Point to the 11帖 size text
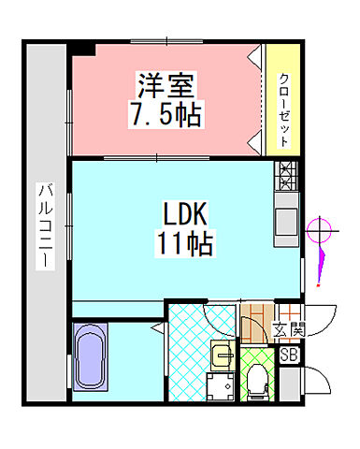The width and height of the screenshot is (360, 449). tap(185, 245)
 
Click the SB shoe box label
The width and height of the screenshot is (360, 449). tap(289, 355)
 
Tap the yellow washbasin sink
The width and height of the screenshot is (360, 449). tap(222, 354)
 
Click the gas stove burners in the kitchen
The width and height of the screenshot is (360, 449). tap(285, 174)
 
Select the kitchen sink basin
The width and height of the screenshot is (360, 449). tap(285, 221)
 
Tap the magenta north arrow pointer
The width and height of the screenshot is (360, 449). tap(321, 267)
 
